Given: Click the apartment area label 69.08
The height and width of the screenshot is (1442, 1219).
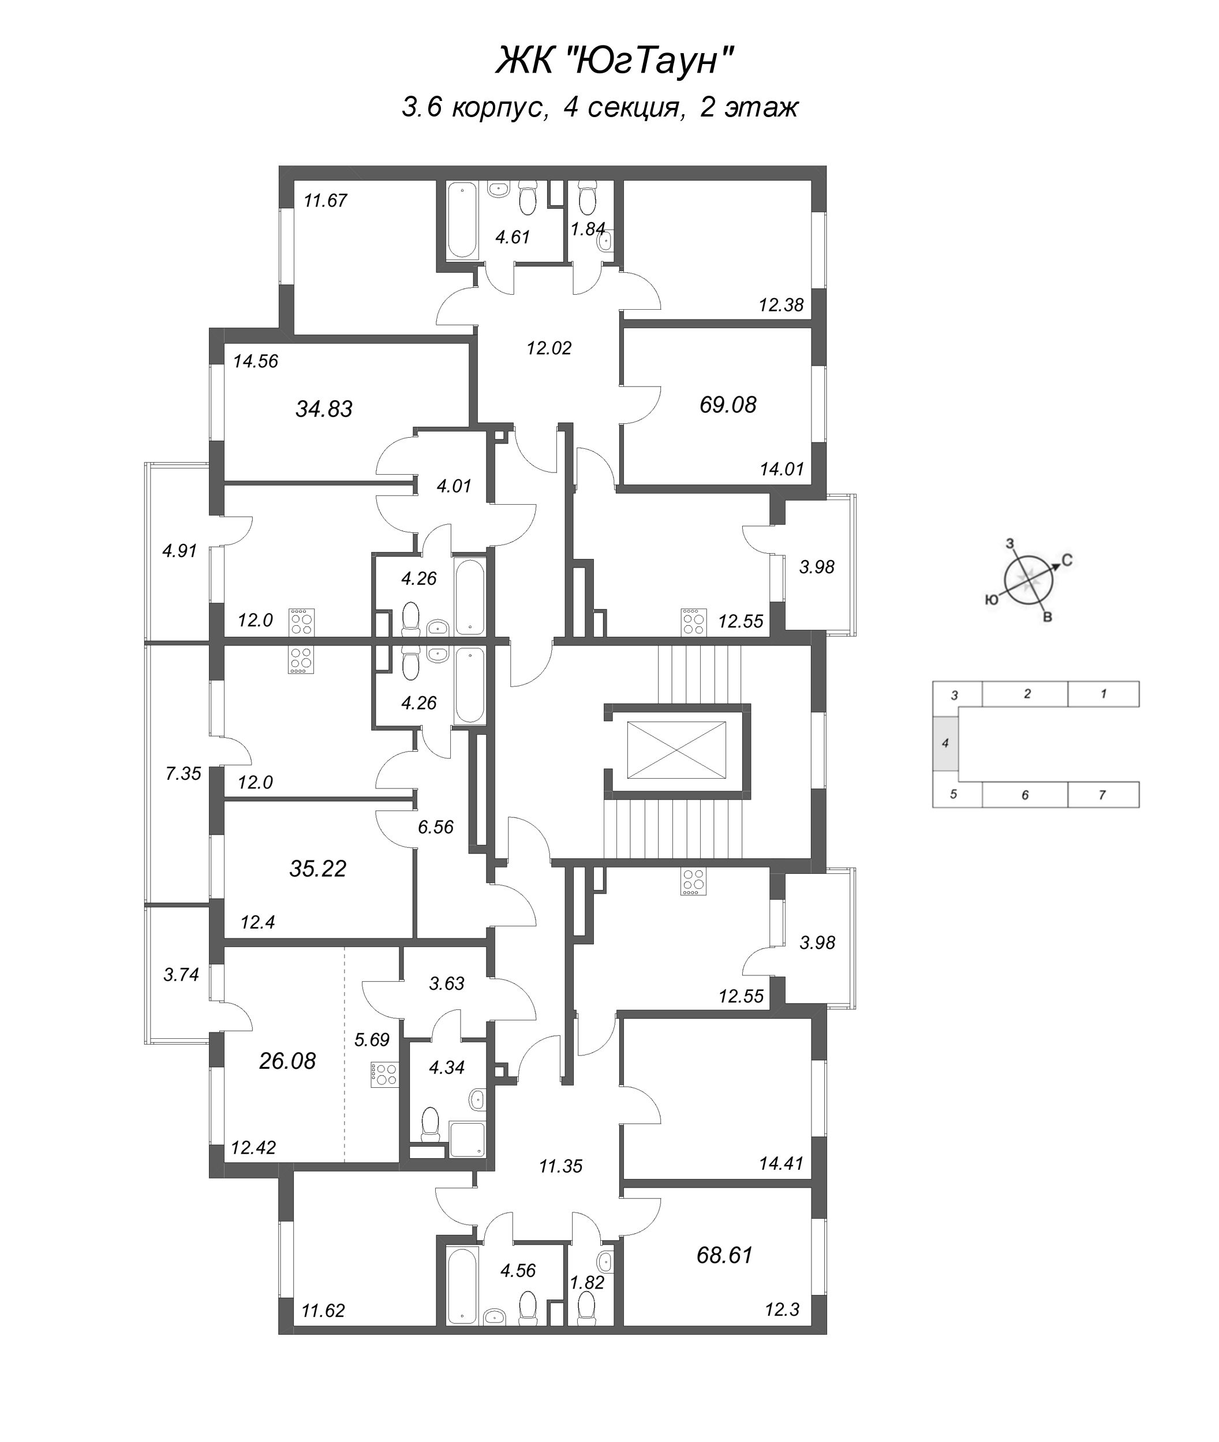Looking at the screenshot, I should tap(728, 405).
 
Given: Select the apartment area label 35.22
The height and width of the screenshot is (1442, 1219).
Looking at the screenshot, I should tap(317, 868).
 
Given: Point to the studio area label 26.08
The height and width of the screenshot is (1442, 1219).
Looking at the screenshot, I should tap(287, 1060).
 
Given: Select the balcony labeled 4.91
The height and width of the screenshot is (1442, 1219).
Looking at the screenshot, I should tap(180, 550).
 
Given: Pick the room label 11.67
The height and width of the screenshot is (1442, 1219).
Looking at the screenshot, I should tap(326, 201).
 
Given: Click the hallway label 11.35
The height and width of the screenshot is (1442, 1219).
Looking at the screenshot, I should tap(560, 1166).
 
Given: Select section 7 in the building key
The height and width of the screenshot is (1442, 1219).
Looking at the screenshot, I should tap(1102, 795).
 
